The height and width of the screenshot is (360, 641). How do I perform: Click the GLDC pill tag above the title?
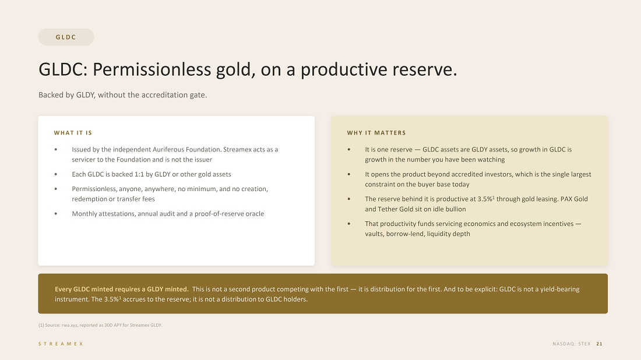[66, 37]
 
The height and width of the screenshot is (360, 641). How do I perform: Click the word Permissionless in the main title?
[152, 69]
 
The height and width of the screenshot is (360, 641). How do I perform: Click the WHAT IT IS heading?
[73, 133]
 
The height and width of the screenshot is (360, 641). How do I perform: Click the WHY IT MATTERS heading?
[376, 133]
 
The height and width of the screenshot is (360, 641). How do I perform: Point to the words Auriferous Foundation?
[187, 150]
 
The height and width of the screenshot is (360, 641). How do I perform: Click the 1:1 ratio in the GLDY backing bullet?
[140, 174]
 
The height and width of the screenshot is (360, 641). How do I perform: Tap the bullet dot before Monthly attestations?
[55, 214]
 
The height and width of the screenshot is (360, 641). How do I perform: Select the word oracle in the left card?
[255, 214]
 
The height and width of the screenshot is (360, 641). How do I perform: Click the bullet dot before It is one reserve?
[348, 150]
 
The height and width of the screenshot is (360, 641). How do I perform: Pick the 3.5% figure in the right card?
[485, 199]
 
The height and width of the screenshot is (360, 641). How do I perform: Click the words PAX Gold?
[574, 199]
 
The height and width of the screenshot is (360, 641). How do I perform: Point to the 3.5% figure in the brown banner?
[112, 299]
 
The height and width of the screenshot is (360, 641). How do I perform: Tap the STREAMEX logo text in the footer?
[61, 344]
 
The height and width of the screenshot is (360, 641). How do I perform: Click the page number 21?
[599, 344]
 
